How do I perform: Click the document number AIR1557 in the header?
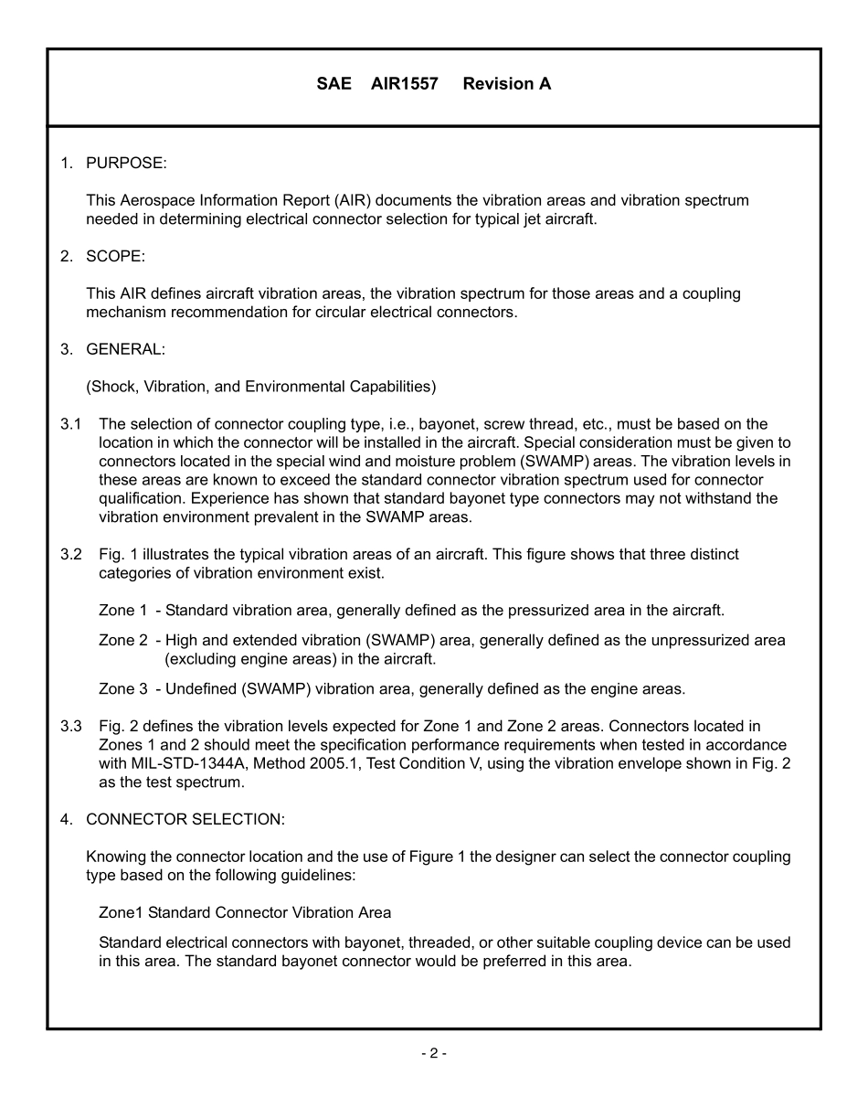click(x=404, y=84)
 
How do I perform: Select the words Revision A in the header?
click(x=506, y=84)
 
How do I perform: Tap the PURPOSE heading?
click(x=126, y=163)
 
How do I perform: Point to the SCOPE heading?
click(x=115, y=256)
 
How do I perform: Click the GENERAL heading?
click(x=125, y=349)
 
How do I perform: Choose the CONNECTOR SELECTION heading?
click(x=185, y=819)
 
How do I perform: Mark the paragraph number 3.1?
click(x=71, y=424)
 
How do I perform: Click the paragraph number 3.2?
click(x=71, y=555)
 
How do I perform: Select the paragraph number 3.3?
click(x=71, y=727)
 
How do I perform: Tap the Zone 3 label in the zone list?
click(x=122, y=689)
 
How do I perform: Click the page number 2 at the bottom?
click(x=433, y=1054)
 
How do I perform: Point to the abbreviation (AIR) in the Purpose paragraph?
click(x=352, y=200)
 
